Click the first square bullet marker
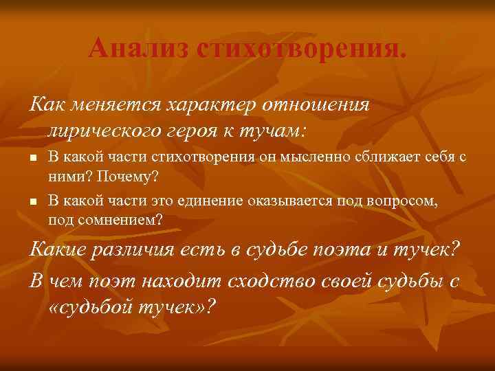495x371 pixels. pyautogui.click(x=32, y=159)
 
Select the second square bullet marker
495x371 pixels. pyautogui.click(x=32, y=202)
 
